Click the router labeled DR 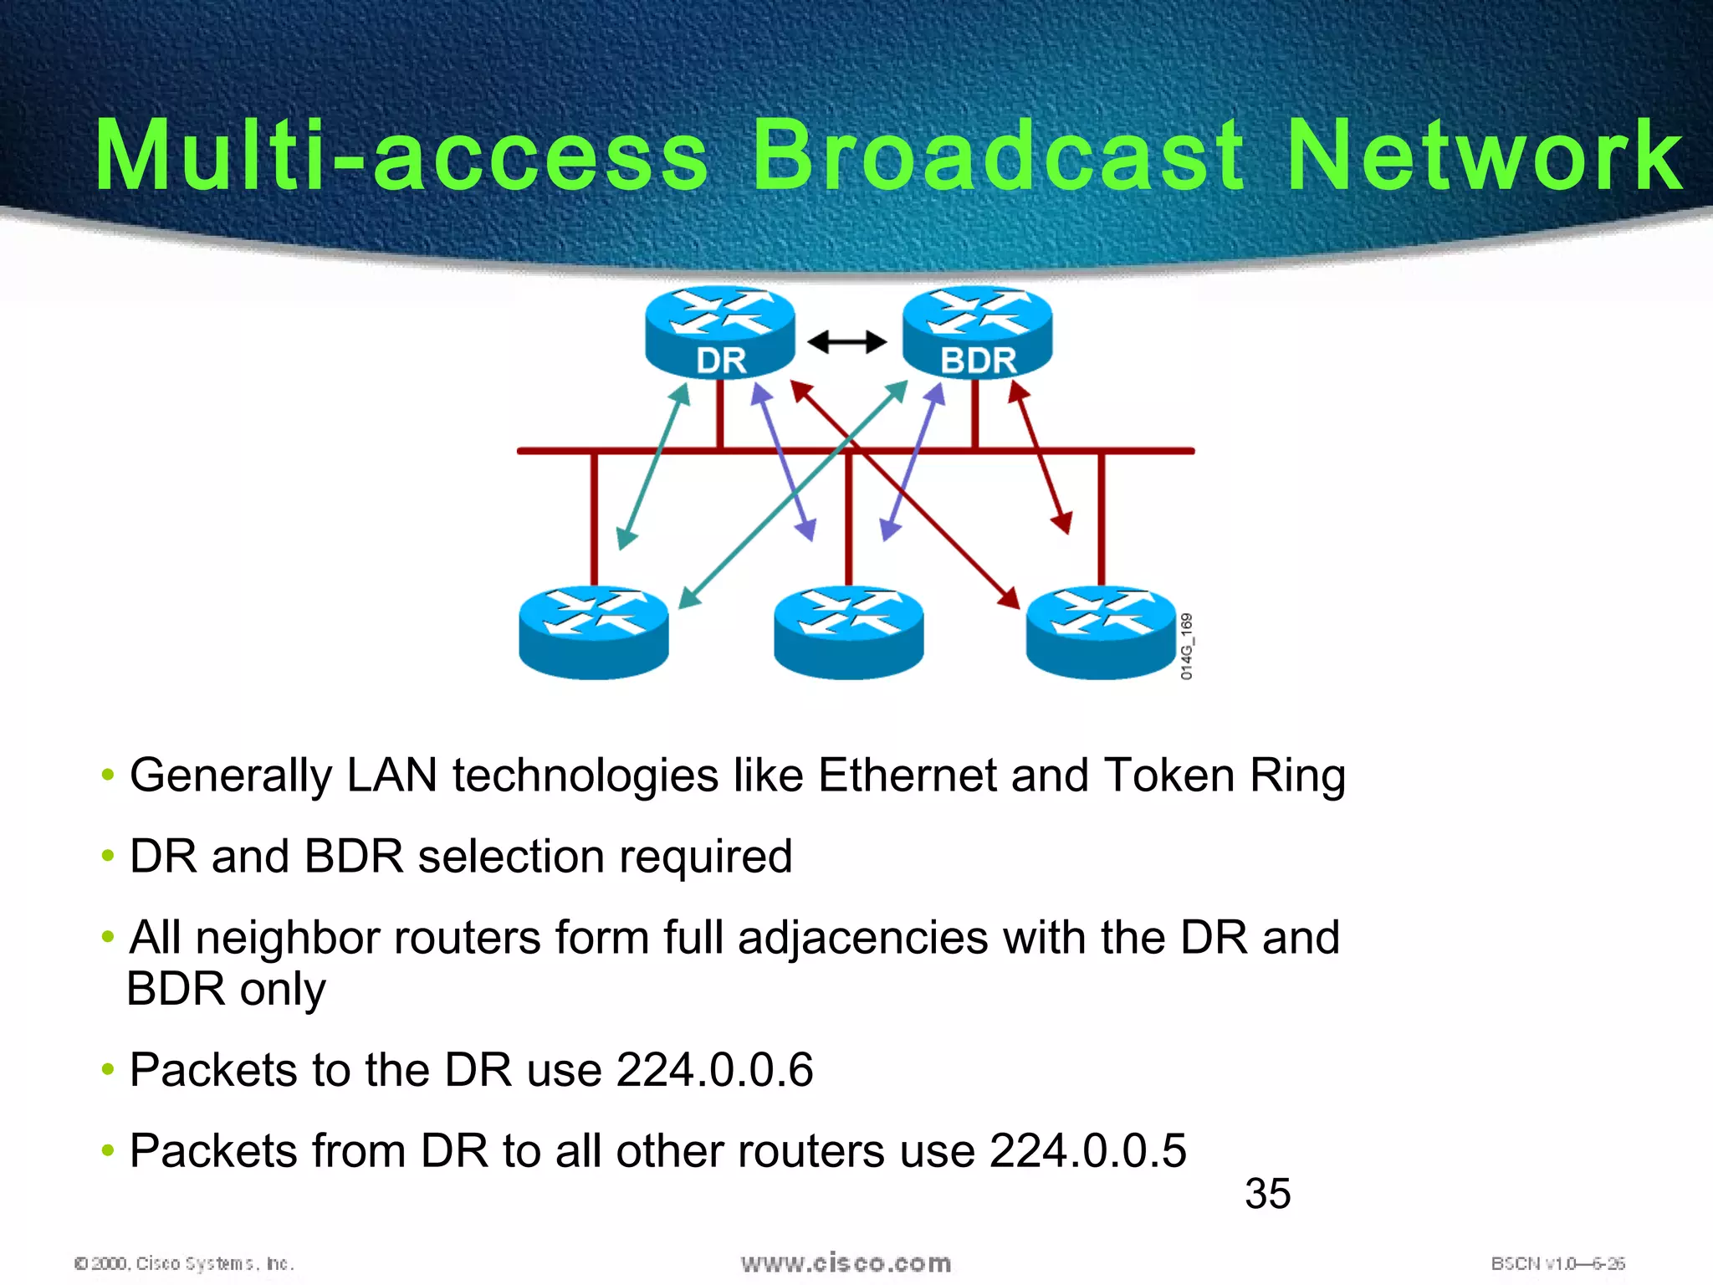click(x=720, y=333)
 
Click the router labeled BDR click(x=977, y=333)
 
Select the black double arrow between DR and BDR click(x=846, y=341)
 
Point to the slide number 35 click(x=1267, y=1194)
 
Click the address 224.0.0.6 click(x=714, y=1070)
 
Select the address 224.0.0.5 click(x=1087, y=1151)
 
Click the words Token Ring click(x=1225, y=776)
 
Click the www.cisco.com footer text click(x=846, y=1263)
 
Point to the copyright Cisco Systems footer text click(x=185, y=1263)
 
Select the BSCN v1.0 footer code click(x=1557, y=1263)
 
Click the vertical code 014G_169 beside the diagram click(x=1187, y=646)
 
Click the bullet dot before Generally click(x=107, y=776)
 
